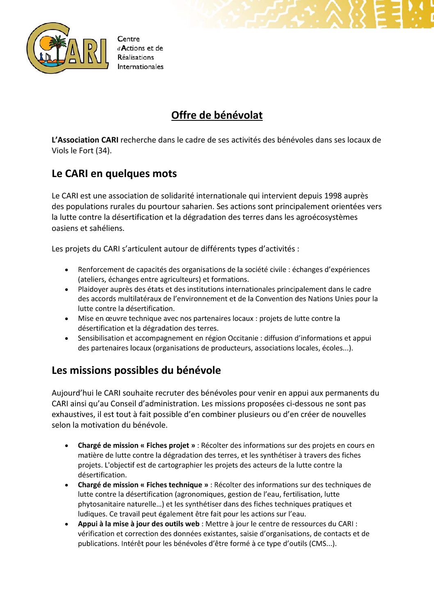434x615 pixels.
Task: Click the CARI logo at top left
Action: click(x=67, y=48)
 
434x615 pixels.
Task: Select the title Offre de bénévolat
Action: click(x=217, y=115)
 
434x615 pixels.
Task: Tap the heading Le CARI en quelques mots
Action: click(x=114, y=173)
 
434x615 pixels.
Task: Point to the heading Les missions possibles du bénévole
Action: click(x=136, y=370)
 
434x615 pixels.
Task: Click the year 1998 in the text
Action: click(x=333, y=196)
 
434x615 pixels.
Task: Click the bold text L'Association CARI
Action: click(x=85, y=140)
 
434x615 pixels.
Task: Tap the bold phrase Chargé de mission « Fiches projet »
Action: click(x=137, y=445)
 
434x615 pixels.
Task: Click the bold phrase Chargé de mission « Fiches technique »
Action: click(x=143, y=485)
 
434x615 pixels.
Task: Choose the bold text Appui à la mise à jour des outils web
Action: click(x=139, y=524)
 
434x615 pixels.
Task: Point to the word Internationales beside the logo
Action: click(x=140, y=67)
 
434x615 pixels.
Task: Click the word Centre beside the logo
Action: click(x=128, y=39)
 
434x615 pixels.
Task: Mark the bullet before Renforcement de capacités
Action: click(x=66, y=270)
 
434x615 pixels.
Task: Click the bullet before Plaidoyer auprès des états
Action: click(x=66, y=290)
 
